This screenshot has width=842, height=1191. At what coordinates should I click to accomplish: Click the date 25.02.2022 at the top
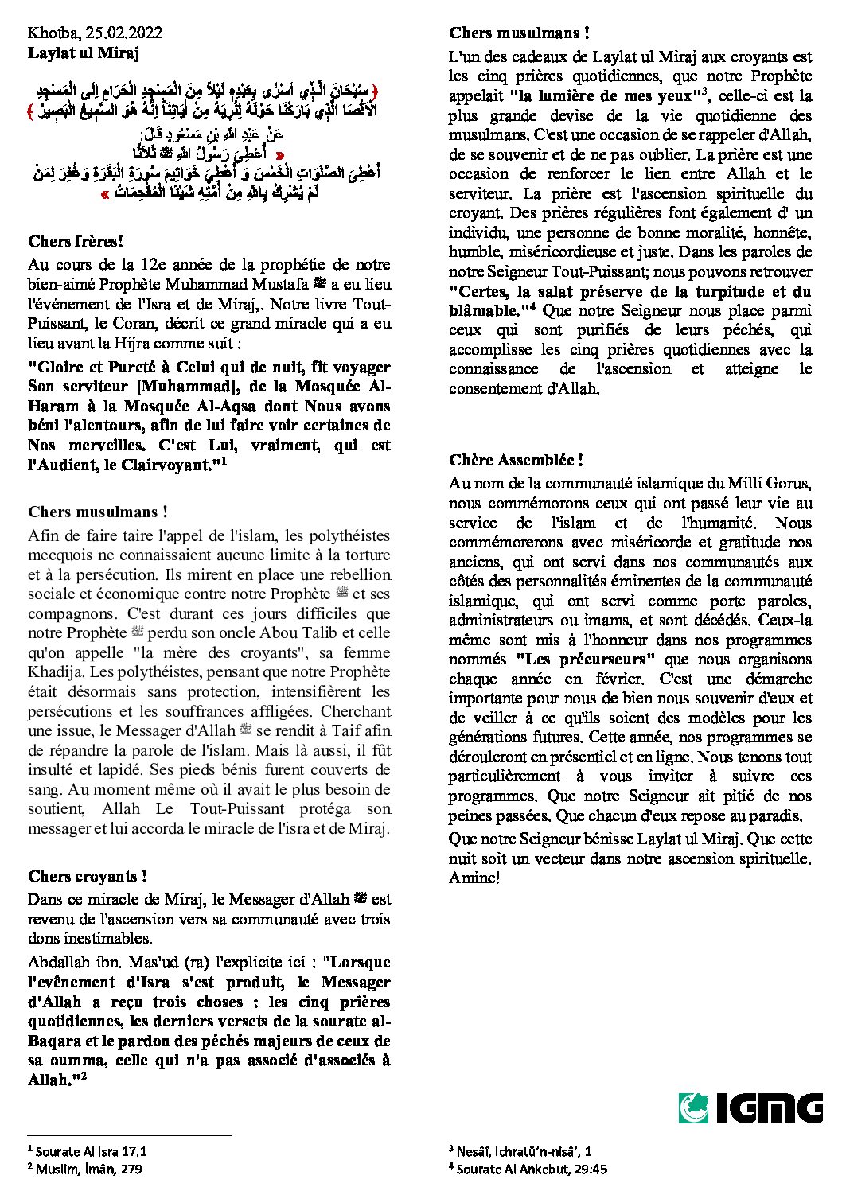coord(123,33)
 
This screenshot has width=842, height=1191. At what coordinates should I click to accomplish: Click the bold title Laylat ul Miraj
coord(84,53)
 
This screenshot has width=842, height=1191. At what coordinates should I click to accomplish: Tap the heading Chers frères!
coord(76,241)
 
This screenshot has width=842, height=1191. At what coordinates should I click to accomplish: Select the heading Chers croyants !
coord(88,876)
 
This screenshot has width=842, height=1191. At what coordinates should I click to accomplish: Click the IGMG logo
coord(750,1108)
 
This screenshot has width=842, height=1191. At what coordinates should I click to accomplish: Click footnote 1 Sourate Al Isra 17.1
coord(88,1151)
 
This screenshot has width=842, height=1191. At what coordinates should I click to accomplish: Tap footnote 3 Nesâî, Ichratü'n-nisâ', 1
coord(520,1150)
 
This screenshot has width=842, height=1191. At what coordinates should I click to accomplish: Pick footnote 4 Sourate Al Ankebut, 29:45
coord(528,1169)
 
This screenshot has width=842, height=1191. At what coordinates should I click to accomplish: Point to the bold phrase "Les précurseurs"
coord(586,659)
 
